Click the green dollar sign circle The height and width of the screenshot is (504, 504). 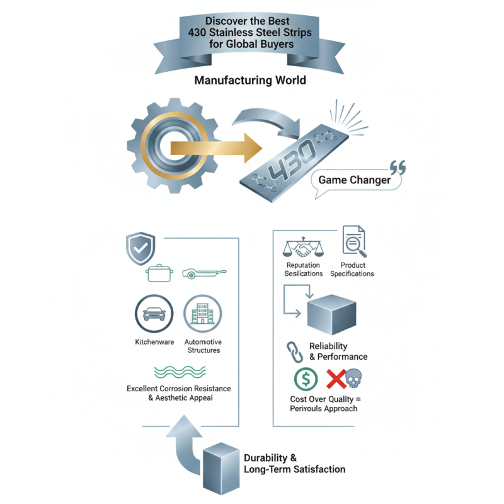pyautogui.click(x=306, y=380)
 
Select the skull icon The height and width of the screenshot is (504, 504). pyautogui.click(x=355, y=379)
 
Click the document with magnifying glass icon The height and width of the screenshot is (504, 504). pyautogui.click(x=353, y=241)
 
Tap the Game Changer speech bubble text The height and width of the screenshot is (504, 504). pyautogui.click(x=354, y=180)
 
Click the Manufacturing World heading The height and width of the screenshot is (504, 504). pyautogui.click(x=250, y=80)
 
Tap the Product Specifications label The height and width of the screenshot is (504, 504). pyautogui.click(x=353, y=270)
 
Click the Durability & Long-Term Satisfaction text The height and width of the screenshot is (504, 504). pyautogui.click(x=294, y=463)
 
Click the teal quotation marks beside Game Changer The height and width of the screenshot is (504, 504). pyautogui.click(x=398, y=167)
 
